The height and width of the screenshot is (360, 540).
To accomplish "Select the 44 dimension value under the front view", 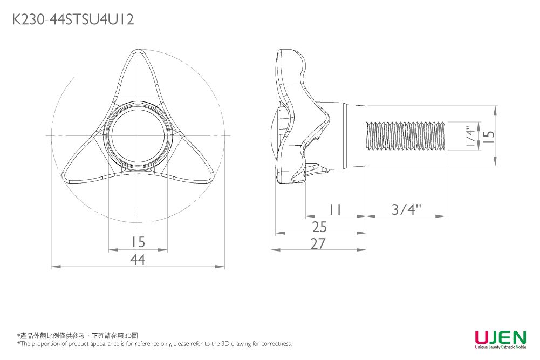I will (138, 260).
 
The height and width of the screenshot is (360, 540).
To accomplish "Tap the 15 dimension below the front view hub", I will (138, 242).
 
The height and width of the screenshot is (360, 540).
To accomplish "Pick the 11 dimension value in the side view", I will (335, 209).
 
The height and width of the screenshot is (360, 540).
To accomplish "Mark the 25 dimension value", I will (319, 226).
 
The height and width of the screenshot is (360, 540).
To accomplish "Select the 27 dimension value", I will (318, 244).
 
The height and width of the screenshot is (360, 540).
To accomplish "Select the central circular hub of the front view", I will (138, 135).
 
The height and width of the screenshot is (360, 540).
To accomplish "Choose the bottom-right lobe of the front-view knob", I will (197, 170).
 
